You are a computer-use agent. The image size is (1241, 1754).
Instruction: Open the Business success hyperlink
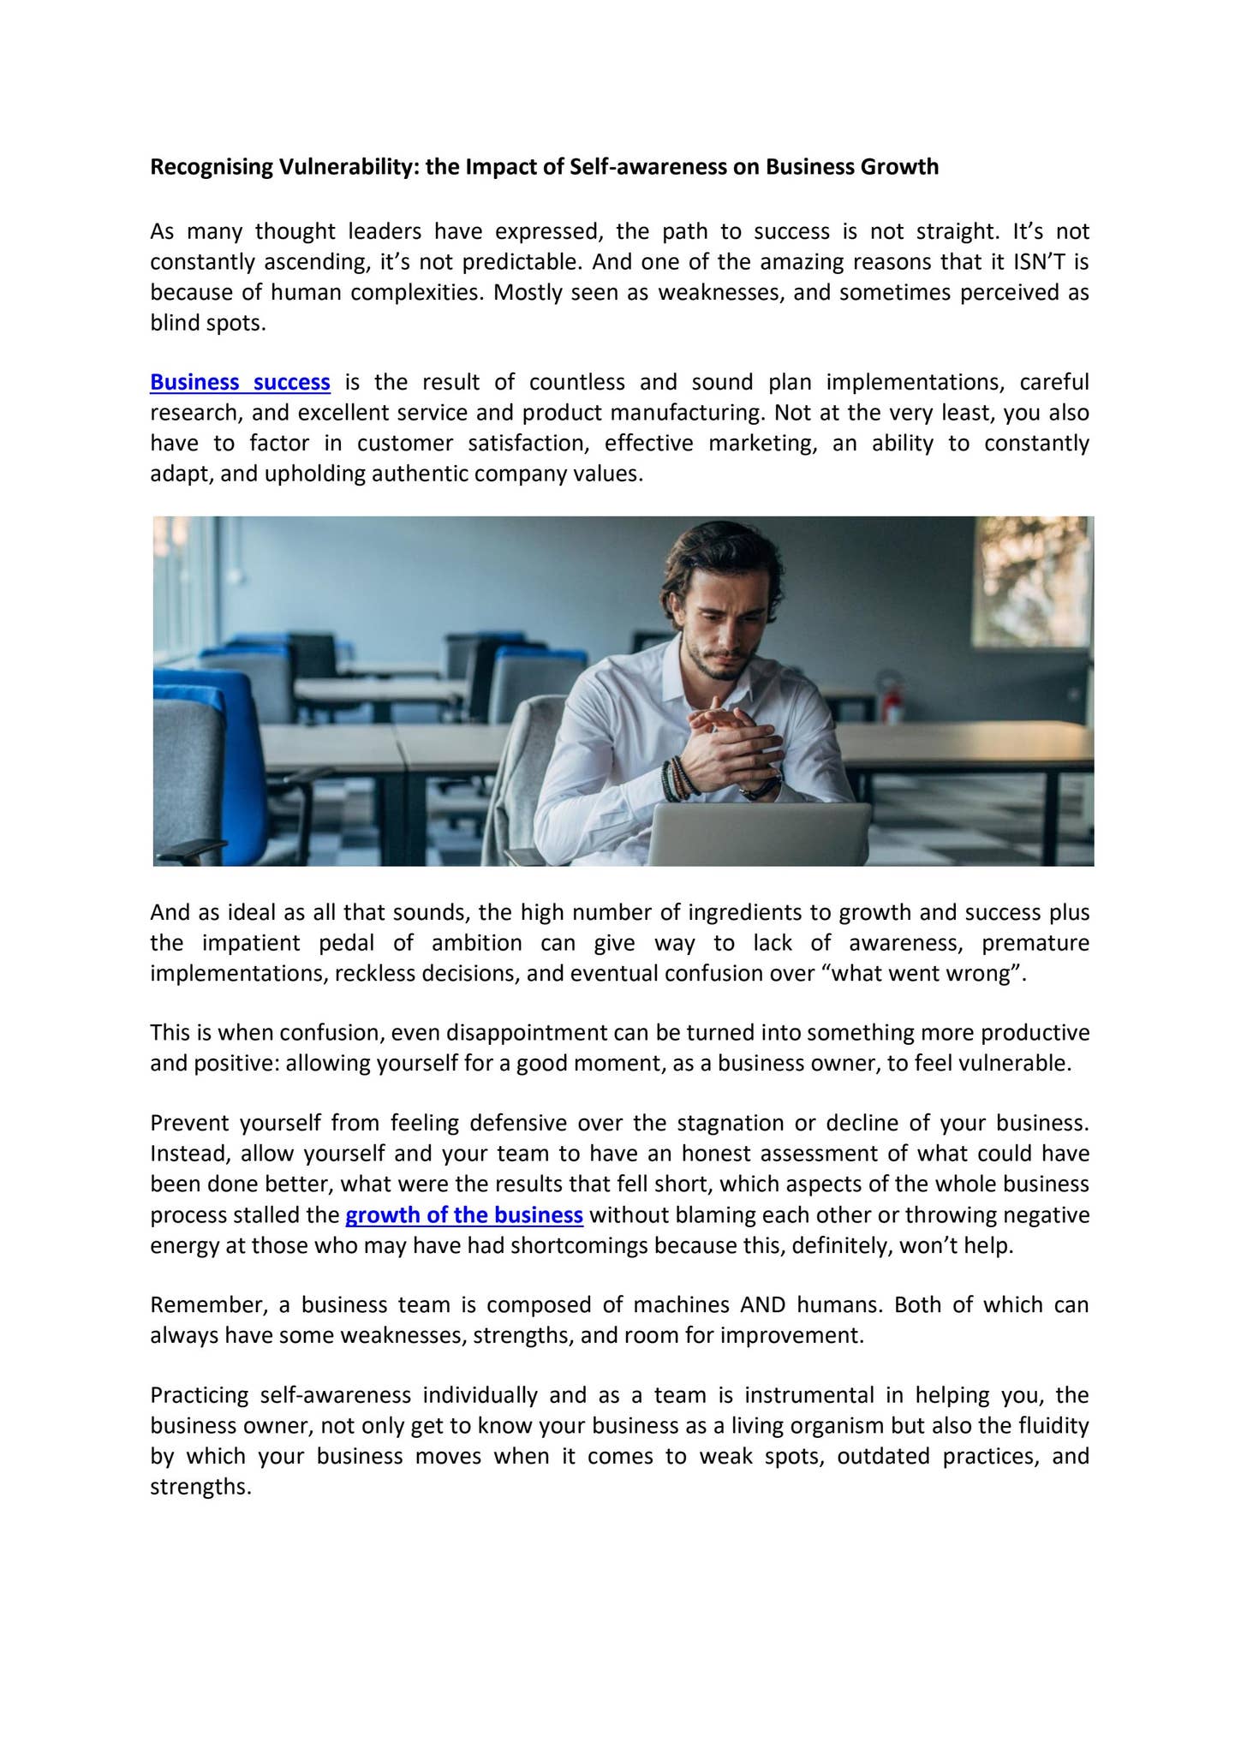coord(240,382)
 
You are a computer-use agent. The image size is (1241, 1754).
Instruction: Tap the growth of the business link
coord(464,1215)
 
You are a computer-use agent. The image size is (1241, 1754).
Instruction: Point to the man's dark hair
coord(719,557)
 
